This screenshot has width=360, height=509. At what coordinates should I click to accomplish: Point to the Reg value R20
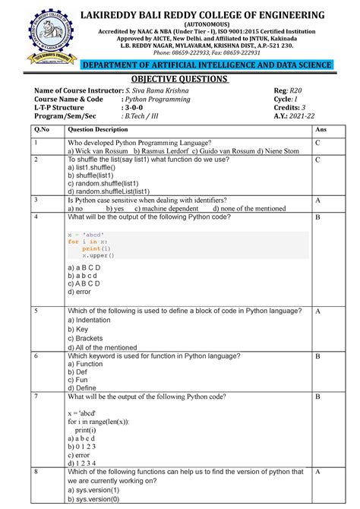coord(299,91)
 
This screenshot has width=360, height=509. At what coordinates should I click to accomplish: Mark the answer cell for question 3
coord(319,201)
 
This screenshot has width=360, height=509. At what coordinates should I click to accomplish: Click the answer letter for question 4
coord(319,218)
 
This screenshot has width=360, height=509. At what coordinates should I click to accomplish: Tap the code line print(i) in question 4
coord(97,248)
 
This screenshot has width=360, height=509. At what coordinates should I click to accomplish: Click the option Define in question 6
coord(87,387)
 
